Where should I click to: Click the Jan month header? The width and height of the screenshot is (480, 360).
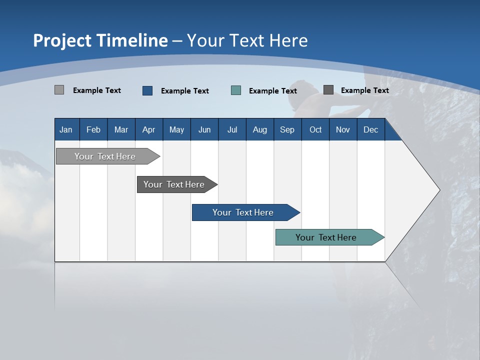pyautogui.click(x=66, y=129)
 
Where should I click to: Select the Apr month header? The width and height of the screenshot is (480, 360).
pyautogui.click(x=148, y=129)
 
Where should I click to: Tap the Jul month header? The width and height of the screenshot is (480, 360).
pyautogui.click(x=232, y=129)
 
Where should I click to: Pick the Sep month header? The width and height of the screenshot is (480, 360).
pyautogui.click(x=287, y=129)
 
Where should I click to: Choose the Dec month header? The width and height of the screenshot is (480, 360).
pyautogui.click(x=370, y=129)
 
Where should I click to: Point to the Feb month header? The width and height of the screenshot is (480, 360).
pyautogui.click(x=93, y=129)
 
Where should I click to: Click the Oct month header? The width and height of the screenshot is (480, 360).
pyautogui.click(x=315, y=129)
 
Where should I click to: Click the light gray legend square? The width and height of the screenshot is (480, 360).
pyautogui.click(x=59, y=90)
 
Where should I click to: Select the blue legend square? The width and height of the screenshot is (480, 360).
pyautogui.click(x=147, y=90)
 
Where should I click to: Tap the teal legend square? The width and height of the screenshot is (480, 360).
pyautogui.click(x=236, y=90)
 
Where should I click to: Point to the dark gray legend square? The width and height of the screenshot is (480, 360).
pyautogui.click(x=328, y=90)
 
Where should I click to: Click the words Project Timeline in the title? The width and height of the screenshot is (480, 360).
pyautogui.click(x=100, y=40)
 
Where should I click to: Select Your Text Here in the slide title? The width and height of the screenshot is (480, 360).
pyautogui.click(x=247, y=40)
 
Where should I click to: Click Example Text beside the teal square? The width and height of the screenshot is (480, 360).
pyautogui.click(x=272, y=91)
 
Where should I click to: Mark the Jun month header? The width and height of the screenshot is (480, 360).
pyautogui.click(x=204, y=129)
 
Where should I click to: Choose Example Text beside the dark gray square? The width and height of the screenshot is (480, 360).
pyautogui.click(x=364, y=90)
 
